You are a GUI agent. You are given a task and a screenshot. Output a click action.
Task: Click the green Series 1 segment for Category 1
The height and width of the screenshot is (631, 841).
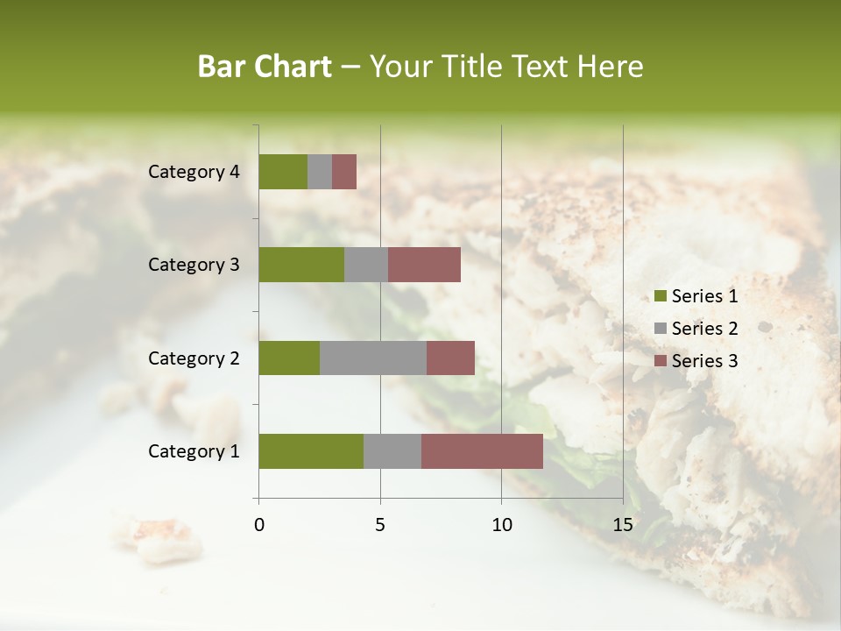point(311,451)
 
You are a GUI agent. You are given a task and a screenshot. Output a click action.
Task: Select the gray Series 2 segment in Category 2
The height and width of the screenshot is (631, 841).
point(373,358)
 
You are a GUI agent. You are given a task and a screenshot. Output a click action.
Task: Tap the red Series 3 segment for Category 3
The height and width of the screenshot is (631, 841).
point(424,265)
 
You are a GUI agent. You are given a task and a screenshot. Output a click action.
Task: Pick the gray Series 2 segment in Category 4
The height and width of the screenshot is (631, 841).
point(320,172)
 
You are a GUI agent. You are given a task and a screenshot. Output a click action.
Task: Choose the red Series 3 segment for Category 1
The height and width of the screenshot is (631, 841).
point(482,451)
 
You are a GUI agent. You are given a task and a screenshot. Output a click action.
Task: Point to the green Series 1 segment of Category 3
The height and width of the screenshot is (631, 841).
point(301,265)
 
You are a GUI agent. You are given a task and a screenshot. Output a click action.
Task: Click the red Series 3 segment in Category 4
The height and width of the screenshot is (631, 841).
point(344,172)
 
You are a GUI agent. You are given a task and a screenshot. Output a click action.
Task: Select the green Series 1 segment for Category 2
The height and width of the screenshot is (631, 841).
point(289,358)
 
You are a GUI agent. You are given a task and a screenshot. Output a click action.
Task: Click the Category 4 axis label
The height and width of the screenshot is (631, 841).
point(194,172)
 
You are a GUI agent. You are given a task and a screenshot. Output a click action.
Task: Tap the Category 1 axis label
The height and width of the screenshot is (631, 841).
point(194,451)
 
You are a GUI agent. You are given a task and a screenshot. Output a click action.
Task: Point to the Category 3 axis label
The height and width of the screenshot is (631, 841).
point(194,265)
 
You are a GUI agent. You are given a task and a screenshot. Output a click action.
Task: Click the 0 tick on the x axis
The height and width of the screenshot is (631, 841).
point(259,525)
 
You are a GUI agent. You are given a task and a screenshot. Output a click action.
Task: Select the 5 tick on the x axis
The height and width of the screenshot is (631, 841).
point(380,525)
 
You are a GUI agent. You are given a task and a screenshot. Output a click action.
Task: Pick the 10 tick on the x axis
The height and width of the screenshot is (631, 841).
point(501,525)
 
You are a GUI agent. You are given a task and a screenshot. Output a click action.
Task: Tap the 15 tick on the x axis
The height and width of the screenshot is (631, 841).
point(623,525)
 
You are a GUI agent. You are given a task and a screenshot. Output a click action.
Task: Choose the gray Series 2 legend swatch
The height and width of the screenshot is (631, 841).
point(661,329)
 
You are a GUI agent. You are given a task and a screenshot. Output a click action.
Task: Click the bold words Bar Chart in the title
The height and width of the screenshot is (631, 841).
point(265,67)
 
